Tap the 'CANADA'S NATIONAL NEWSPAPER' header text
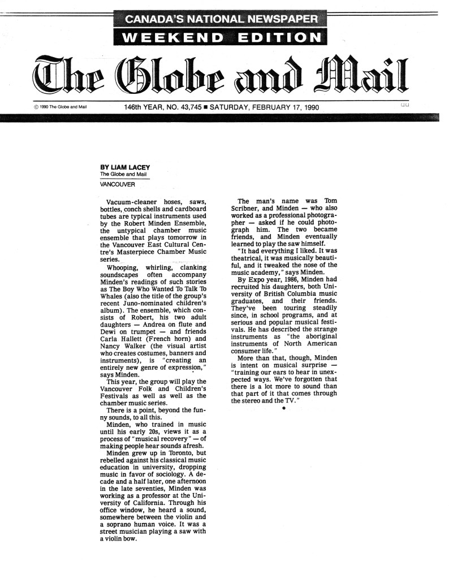(221, 20)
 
